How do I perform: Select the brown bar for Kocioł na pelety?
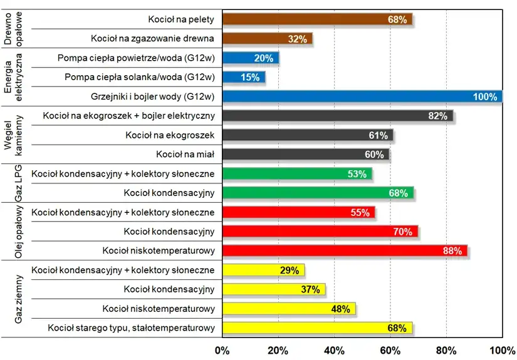pos(317,19)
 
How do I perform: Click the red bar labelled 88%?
pos(345,250)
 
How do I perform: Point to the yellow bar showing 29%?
pos(263,270)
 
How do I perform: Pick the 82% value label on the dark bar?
pos(437,116)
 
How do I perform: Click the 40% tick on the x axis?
pos(334,349)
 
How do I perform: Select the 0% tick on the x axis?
pos(222,349)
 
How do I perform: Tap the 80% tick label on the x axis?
pos(446,349)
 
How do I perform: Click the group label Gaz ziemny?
pos(19,299)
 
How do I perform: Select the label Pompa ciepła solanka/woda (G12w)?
pos(140,77)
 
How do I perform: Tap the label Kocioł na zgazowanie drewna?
pos(152,39)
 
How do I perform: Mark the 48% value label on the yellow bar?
pos(341,309)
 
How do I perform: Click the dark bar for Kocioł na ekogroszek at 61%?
pos(308,135)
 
